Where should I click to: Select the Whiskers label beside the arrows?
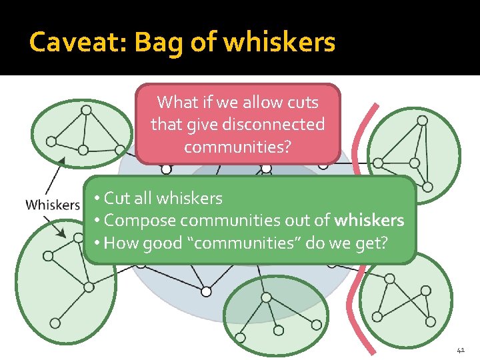tap(53, 205)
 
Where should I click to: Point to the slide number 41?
tap(461, 349)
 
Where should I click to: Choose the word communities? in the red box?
tap(238, 147)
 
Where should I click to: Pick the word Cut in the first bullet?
tap(118, 198)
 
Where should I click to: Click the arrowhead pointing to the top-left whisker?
tap(62, 160)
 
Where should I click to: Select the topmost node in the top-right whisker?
tap(422, 120)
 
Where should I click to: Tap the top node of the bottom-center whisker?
tap(266, 297)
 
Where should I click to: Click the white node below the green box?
tap(206, 291)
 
